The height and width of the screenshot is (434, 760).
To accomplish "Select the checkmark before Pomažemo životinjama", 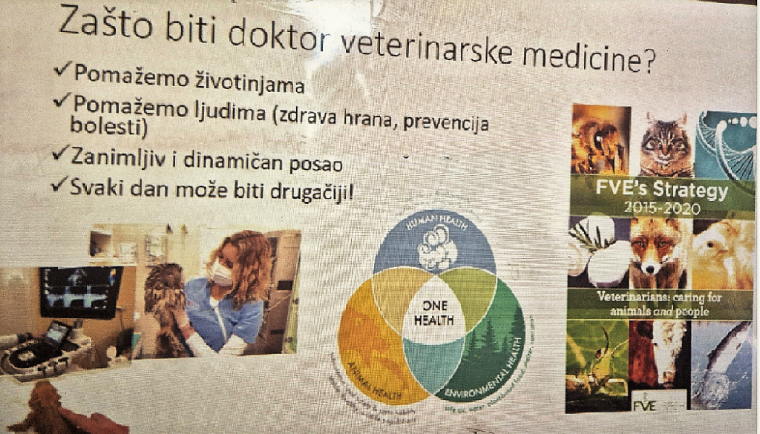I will [x=63, y=71].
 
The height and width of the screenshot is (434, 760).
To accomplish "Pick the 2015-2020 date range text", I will [x=663, y=208].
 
